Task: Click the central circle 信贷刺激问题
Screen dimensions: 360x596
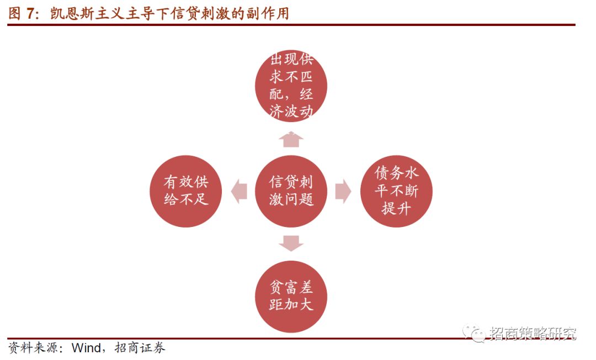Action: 291,191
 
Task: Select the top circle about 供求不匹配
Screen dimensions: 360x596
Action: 291,86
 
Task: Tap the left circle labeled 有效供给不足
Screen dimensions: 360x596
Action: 186,191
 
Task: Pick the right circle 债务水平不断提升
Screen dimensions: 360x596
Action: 396,191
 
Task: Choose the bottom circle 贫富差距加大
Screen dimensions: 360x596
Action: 291,297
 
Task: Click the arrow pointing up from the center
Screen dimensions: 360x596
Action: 291,139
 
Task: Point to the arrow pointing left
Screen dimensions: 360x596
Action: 239,191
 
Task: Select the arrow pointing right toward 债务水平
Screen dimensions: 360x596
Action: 343,191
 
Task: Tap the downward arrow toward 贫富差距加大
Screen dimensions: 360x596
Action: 291,243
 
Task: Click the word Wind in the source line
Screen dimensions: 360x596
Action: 86,348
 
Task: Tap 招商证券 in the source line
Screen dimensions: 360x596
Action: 140,348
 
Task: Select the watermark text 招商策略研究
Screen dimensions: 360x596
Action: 532,333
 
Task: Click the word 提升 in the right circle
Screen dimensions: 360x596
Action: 396,209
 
